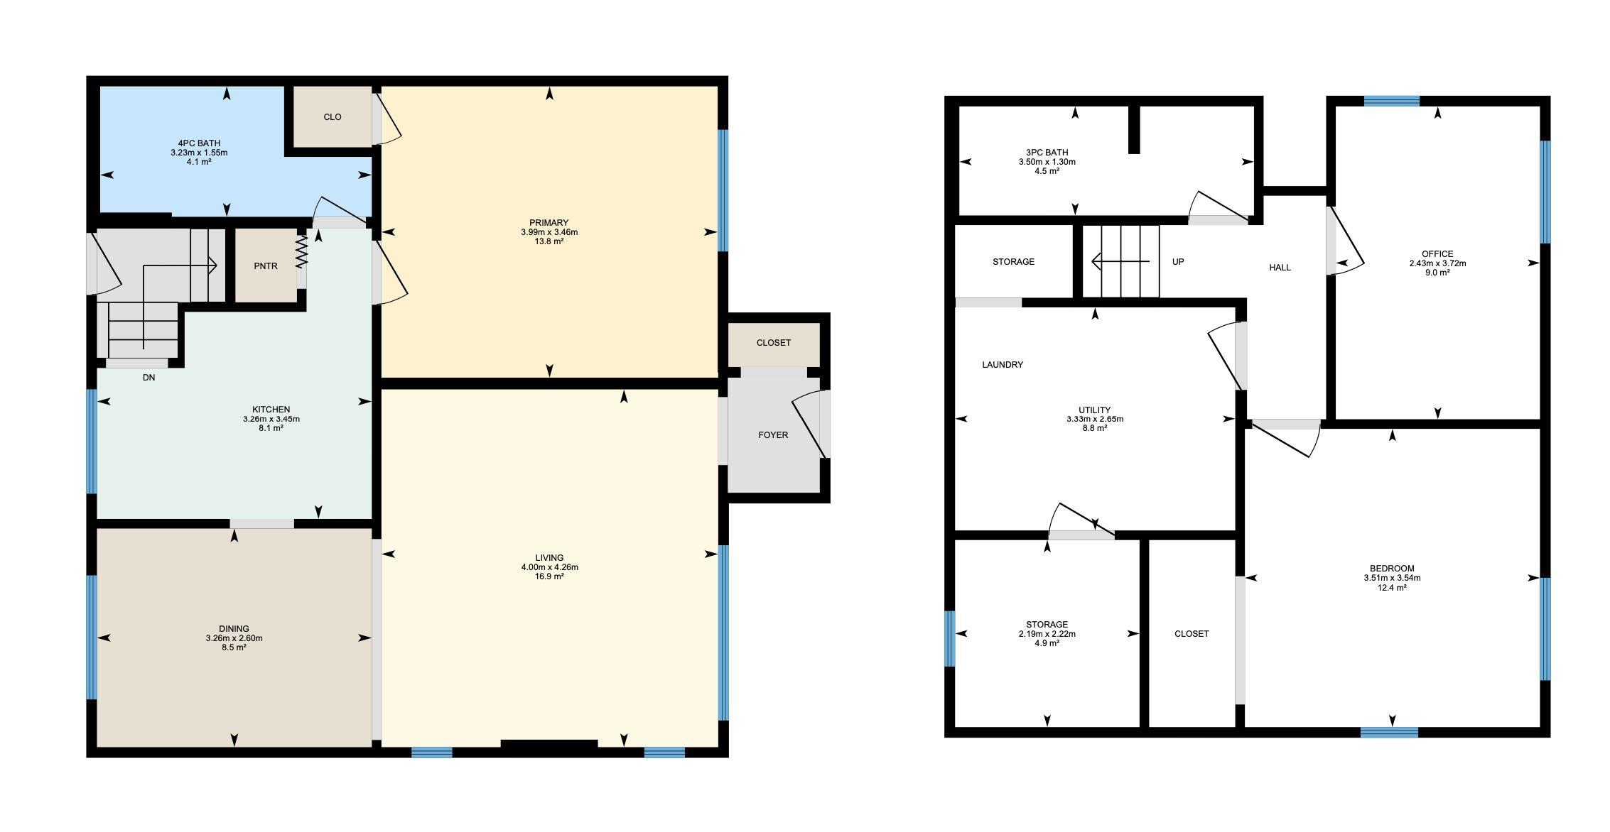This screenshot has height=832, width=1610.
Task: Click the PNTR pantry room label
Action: pyautogui.click(x=266, y=266)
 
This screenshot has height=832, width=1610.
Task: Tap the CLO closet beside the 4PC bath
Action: pyautogui.click(x=333, y=117)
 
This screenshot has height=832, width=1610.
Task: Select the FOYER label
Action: pyautogui.click(x=773, y=435)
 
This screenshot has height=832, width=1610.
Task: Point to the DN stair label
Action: pyautogui.click(x=148, y=378)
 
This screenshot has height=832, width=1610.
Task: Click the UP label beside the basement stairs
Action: pyautogui.click(x=1178, y=262)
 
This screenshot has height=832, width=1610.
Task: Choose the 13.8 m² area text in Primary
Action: pyautogui.click(x=549, y=241)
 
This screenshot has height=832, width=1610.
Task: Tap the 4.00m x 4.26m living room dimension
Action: pyautogui.click(x=549, y=567)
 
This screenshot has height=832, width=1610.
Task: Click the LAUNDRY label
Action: pyautogui.click(x=1003, y=365)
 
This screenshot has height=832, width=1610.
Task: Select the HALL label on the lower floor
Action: pyautogui.click(x=1280, y=268)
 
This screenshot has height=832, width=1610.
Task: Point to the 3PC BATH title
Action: pyautogui.click(x=1047, y=153)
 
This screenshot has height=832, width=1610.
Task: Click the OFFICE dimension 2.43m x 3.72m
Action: pyautogui.click(x=1437, y=263)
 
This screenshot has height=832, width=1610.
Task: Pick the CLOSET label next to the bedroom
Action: pyautogui.click(x=1192, y=634)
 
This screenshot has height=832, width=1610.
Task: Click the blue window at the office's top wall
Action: pyautogui.click(x=1391, y=101)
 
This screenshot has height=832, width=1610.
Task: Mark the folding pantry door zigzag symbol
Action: pyautogui.click(x=301, y=252)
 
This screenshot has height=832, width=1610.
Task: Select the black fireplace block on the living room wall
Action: pyautogui.click(x=549, y=744)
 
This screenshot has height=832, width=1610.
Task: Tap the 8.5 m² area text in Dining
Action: pyautogui.click(x=234, y=647)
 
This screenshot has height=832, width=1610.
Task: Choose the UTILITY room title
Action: pyautogui.click(x=1094, y=410)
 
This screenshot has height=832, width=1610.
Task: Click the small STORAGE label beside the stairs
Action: pyautogui.click(x=1013, y=262)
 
